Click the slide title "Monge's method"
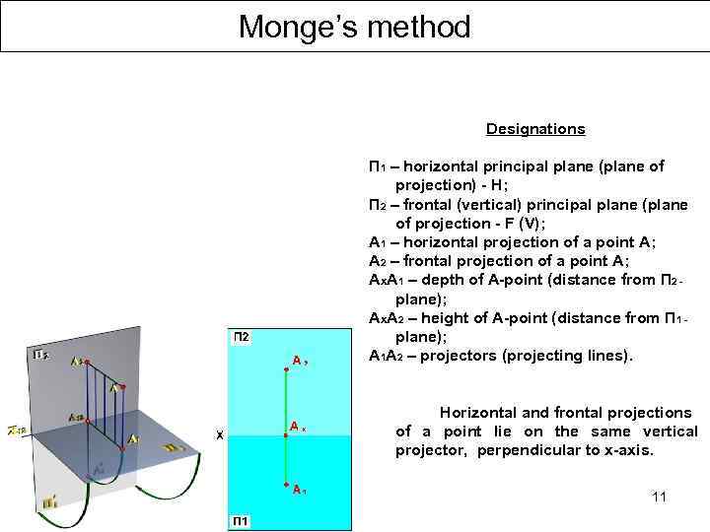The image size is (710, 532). tap(354, 27)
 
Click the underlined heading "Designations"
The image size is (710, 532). tap(534, 129)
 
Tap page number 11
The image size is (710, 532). tap(659, 497)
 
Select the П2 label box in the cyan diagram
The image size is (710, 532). tap(241, 337)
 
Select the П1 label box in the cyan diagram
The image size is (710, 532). tap(241, 520)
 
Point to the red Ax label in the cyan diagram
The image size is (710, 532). tap(299, 426)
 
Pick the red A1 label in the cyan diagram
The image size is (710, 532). tap(299, 488)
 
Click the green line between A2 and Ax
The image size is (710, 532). tap(285, 394)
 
